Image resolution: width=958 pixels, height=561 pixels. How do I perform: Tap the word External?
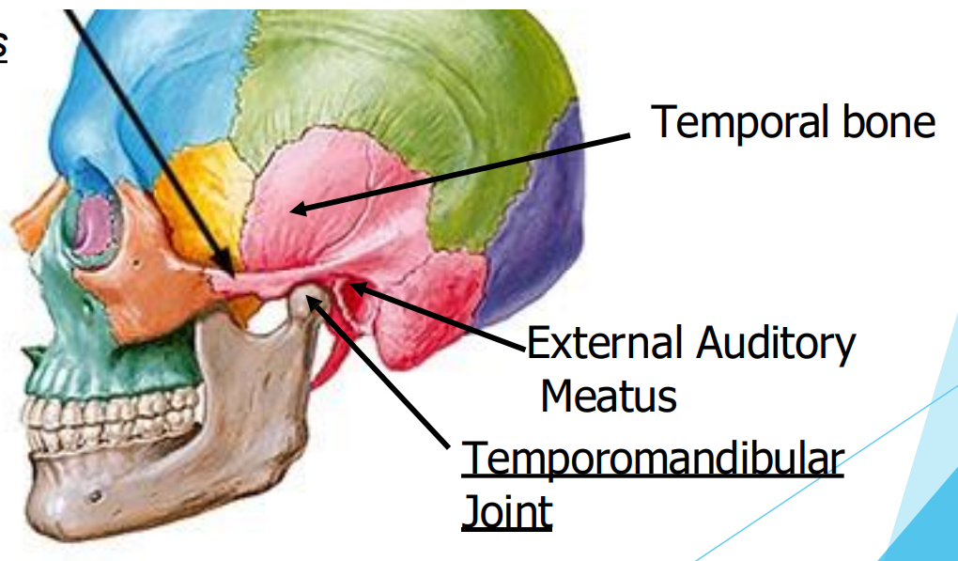tap(601, 345)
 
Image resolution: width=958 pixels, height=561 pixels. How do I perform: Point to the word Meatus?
tap(609, 396)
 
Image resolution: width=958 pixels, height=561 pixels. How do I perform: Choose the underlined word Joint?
tap(506, 512)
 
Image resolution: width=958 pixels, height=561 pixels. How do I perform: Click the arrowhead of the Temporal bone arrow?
tap(293, 210)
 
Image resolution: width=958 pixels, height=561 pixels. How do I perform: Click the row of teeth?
tap(113, 413)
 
